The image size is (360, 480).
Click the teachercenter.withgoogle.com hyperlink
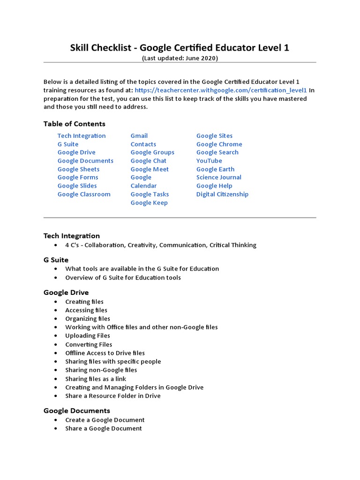(x=220, y=90)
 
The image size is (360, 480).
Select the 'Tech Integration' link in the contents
(x=82, y=136)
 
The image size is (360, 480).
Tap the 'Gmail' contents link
(x=139, y=136)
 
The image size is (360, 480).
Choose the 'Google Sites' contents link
(x=214, y=136)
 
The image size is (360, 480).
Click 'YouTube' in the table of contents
(x=209, y=161)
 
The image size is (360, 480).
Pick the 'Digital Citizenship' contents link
(x=222, y=195)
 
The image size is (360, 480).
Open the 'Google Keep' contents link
(x=149, y=203)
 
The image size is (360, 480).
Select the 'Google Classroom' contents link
(x=84, y=195)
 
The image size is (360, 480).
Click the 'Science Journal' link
(x=218, y=178)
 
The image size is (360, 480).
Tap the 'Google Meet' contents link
(x=150, y=169)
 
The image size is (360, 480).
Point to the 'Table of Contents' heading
(x=74, y=124)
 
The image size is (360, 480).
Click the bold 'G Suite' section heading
(x=56, y=260)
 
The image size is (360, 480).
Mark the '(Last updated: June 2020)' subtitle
(x=180, y=58)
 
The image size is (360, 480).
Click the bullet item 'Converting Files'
(x=89, y=345)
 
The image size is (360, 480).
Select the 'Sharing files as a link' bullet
(x=96, y=379)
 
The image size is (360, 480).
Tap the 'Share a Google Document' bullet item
(x=103, y=428)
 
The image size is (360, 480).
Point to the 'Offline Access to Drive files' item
(x=105, y=353)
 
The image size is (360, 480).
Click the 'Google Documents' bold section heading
(x=76, y=411)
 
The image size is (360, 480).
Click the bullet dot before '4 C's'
(x=56, y=245)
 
